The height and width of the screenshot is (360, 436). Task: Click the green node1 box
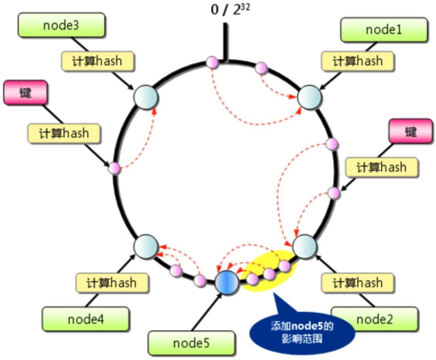(x=384, y=30)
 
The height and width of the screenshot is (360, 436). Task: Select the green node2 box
(x=375, y=319)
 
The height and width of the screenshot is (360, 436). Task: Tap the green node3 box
(x=61, y=25)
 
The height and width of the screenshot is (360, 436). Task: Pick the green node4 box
(x=85, y=319)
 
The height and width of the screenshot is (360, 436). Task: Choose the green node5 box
(x=191, y=343)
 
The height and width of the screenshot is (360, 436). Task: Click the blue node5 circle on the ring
(x=227, y=283)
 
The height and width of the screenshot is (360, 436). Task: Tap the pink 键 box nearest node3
(x=25, y=93)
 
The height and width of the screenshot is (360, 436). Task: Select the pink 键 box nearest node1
(x=411, y=131)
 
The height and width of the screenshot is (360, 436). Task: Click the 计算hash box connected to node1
(x=358, y=61)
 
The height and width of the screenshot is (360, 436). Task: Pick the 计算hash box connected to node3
(x=98, y=61)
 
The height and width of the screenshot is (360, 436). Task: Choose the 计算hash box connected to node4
(x=112, y=283)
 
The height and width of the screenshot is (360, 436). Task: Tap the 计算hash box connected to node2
(x=358, y=283)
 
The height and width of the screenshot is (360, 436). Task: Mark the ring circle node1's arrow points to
(x=309, y=97)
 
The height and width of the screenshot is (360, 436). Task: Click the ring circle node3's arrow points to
(x=146, y=98)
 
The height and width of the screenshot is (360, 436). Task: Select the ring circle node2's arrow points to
(x=305, y=245)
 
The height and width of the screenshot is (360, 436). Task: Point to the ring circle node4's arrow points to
(x=146, y=246)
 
